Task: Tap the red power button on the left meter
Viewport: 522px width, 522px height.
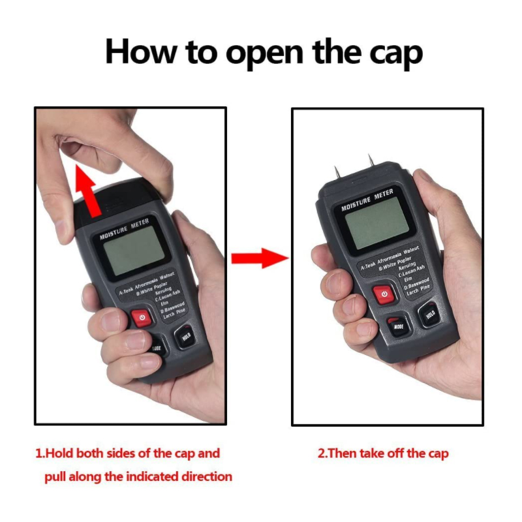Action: click(x=140, y=318)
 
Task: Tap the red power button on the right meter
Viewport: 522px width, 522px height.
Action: click(x=384, y=294)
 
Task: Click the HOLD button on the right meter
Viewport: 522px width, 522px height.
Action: click(x=429, y=315)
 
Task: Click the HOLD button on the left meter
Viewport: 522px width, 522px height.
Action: click(x=185, y=337)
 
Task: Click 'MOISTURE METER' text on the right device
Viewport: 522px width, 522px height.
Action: click(x=367, y=200)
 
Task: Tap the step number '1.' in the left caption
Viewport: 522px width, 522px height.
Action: click(x=41, y=453)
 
